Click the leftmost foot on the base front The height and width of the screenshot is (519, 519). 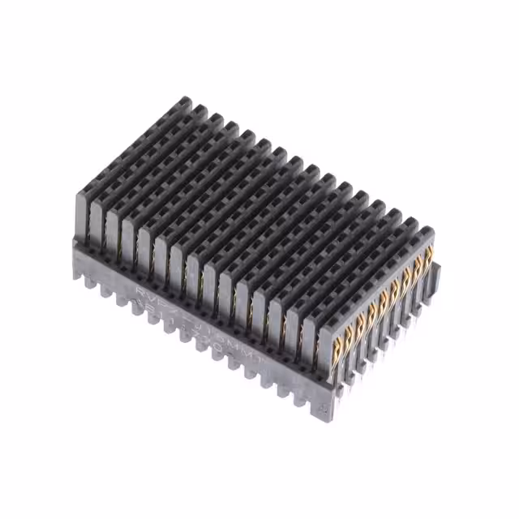(x=80, y=272)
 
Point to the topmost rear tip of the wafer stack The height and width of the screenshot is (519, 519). (x=186, y=101)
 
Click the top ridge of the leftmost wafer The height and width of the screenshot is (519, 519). (x=134, y=146)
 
